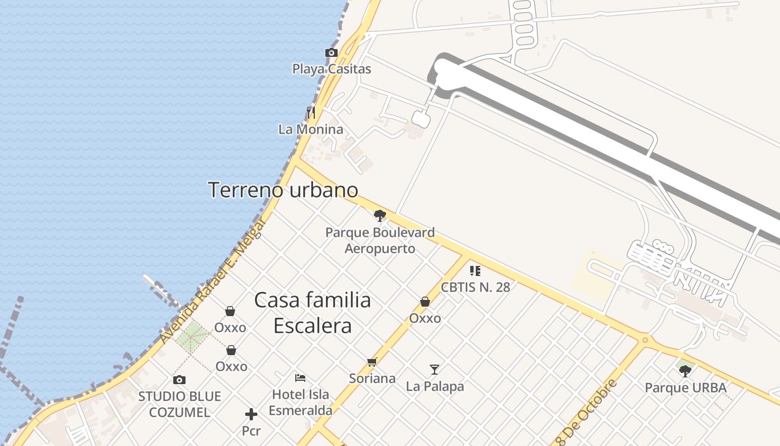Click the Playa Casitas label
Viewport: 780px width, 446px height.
[x=331, y=69]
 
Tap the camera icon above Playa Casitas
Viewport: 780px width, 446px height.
[x=331, y=52]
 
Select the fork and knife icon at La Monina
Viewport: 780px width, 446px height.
[x=311, y=113]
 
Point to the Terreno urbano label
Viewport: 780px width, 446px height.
[x=283, y=190]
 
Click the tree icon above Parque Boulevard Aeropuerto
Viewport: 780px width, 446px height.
[x=380, y=216]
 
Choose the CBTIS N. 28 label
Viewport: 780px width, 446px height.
[x=475, y=287]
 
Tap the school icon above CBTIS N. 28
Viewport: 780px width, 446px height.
[x=475, y=271]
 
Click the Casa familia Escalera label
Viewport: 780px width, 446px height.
[x=313, y=313]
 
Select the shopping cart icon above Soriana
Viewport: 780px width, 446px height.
[x=372, y=362]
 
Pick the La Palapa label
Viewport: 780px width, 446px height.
[x=435, y=386]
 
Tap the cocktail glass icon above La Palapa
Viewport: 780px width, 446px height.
[x=435, y=369]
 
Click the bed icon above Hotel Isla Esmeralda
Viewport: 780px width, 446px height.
[x=300, y=377]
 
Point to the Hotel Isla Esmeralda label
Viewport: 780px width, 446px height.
[x=300, y=403]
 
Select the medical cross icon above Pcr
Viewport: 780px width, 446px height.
[x=251, y=414]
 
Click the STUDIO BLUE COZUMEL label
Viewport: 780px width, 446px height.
[x=179, y=405]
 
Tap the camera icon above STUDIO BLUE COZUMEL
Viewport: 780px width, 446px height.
[x=179, y=380]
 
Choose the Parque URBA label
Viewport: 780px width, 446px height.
[x=685, y=387]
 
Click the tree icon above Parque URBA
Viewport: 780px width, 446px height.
[x=685, y=371]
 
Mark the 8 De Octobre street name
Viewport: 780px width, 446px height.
[x=588, y=409]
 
